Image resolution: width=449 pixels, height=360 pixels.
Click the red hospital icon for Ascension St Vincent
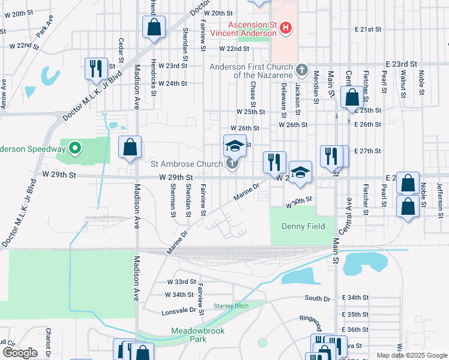click(x=286, y=28)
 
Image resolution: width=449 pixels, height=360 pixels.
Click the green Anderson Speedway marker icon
click(x=74, y=148)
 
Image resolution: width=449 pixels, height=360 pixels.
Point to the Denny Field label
click(x=303, y=226)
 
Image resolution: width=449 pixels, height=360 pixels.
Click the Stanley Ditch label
click(x=231, y=306)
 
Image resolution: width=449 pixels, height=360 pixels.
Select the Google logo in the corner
click(x=20, y=352)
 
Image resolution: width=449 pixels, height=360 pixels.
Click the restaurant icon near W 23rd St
click(x=95, y=69)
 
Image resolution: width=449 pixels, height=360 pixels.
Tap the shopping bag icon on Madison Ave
click(x=130, y=148)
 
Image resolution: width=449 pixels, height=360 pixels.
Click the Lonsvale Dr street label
click(x=179, y=312)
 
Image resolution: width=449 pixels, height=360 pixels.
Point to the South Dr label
click(x=317, y=298)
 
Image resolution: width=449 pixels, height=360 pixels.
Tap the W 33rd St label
click(x=181, y=281)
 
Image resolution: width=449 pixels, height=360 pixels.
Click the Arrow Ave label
click(x=4, y=95)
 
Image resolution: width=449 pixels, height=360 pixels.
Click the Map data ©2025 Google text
click(x=411, y=355)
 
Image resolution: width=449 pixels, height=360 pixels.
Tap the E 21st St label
click(x=368, y=29)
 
